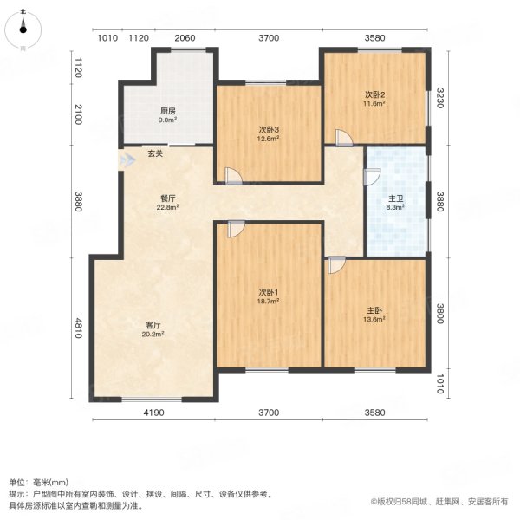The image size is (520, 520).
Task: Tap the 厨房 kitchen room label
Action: point(167,111)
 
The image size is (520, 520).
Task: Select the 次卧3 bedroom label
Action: point(268,130)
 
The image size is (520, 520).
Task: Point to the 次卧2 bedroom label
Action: point(374,94)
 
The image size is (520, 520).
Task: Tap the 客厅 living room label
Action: point(154,325)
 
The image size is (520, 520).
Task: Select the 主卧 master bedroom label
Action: point(374,309)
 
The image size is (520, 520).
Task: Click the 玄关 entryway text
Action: point(154,154)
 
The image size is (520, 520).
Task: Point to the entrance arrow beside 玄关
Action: point(128,159)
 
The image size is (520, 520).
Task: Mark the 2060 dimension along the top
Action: point(184,37)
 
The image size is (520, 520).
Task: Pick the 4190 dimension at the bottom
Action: point(153,412)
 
